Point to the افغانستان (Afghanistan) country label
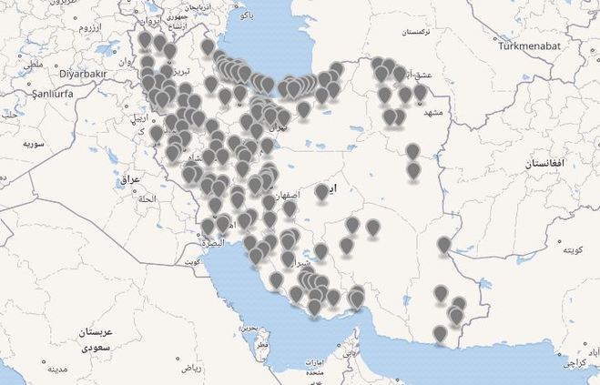pyautogui.click(x=546, y=164)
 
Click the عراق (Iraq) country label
pyautogui.click(x=131, y=179)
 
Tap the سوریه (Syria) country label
pyautogui.click(x=34, y=145)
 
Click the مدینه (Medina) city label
pyautogui.click(x=59, y=370)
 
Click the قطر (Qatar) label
pyautogui.click(x=262, y=345)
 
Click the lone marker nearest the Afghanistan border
pyautogui.click(x=443, y=245)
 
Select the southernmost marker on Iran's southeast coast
pyautogui.click(x=441, y=334)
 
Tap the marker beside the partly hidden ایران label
pyautogui.click(x=321, y=191)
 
